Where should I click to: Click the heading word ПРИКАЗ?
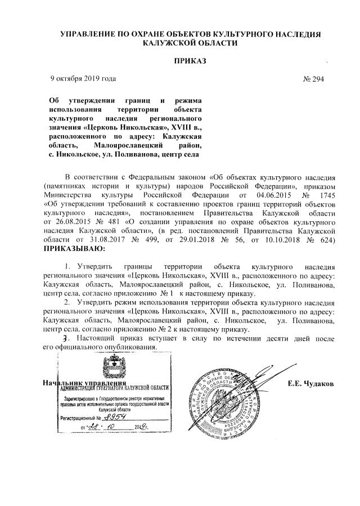coord(190,60)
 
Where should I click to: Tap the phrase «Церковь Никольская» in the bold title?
coord(121,128)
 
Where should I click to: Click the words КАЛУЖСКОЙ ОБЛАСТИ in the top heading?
coord(190,43)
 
